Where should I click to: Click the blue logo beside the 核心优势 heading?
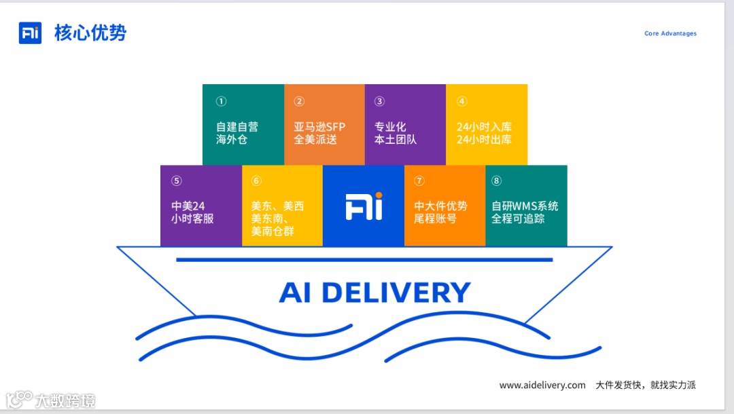click(30, 33)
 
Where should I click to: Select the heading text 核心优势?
click(90, 33)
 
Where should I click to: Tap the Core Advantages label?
click(670, 33)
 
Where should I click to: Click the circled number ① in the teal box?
click(221, 101)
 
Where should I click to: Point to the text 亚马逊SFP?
click(319, 127)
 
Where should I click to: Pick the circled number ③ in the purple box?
click(379, 101)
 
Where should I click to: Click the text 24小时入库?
click(484, 127)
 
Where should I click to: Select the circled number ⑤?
click(177, 181)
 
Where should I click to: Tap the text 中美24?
click(188, 206)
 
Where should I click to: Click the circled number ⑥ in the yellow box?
click(256, 181)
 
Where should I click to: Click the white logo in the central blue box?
click(364, 206)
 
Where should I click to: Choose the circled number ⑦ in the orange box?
click(419, 181)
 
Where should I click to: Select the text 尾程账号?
click(435, 219)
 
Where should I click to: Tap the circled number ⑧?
click(497, 181)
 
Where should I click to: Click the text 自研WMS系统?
click(525, 206)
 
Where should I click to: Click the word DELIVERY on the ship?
click(396, 293)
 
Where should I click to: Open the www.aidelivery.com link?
click(542, 385)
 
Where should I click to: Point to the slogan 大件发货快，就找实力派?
click(646, 385)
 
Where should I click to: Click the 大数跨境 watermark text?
click(65, 400)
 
